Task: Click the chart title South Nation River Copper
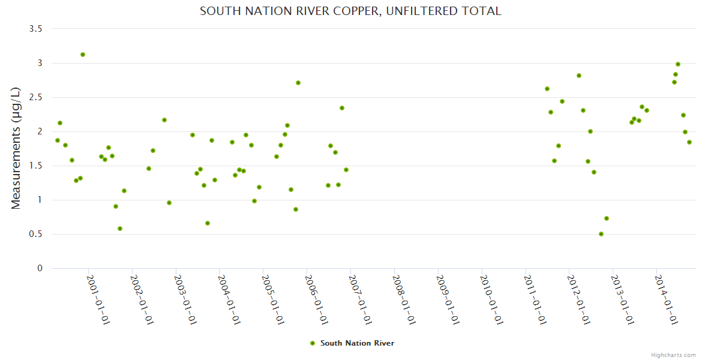pyautogui.click(x=350, y=11)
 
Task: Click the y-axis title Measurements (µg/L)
pyautogui.click(x=16, y=148)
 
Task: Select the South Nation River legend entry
pyautogui.click(x=356, y=343)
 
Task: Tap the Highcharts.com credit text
pyautogui.click(x=673, y=355)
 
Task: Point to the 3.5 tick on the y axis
pyautogui.click(x=36, y=29)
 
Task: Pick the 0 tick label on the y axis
pyautogui.click(x=40, y=269)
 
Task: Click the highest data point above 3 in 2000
pyautogui.click(x=83, y=55)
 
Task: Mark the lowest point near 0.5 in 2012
pyautogui.click(x=601, y=234)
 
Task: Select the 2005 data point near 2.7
pyautogui.click(x=298, y=83)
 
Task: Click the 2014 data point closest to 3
pyautogui.click(x=678, y=64)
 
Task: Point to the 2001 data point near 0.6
pyautogui.click(x=120, y=229)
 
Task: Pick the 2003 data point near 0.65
pyautogui.click(x=208, y=223)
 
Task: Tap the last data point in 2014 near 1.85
pyautogui.click(x=689, y=142)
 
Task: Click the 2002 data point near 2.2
pyautogui.click(x=164, y=120)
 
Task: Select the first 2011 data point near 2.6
pyautogui.click(x=547, y=89)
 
